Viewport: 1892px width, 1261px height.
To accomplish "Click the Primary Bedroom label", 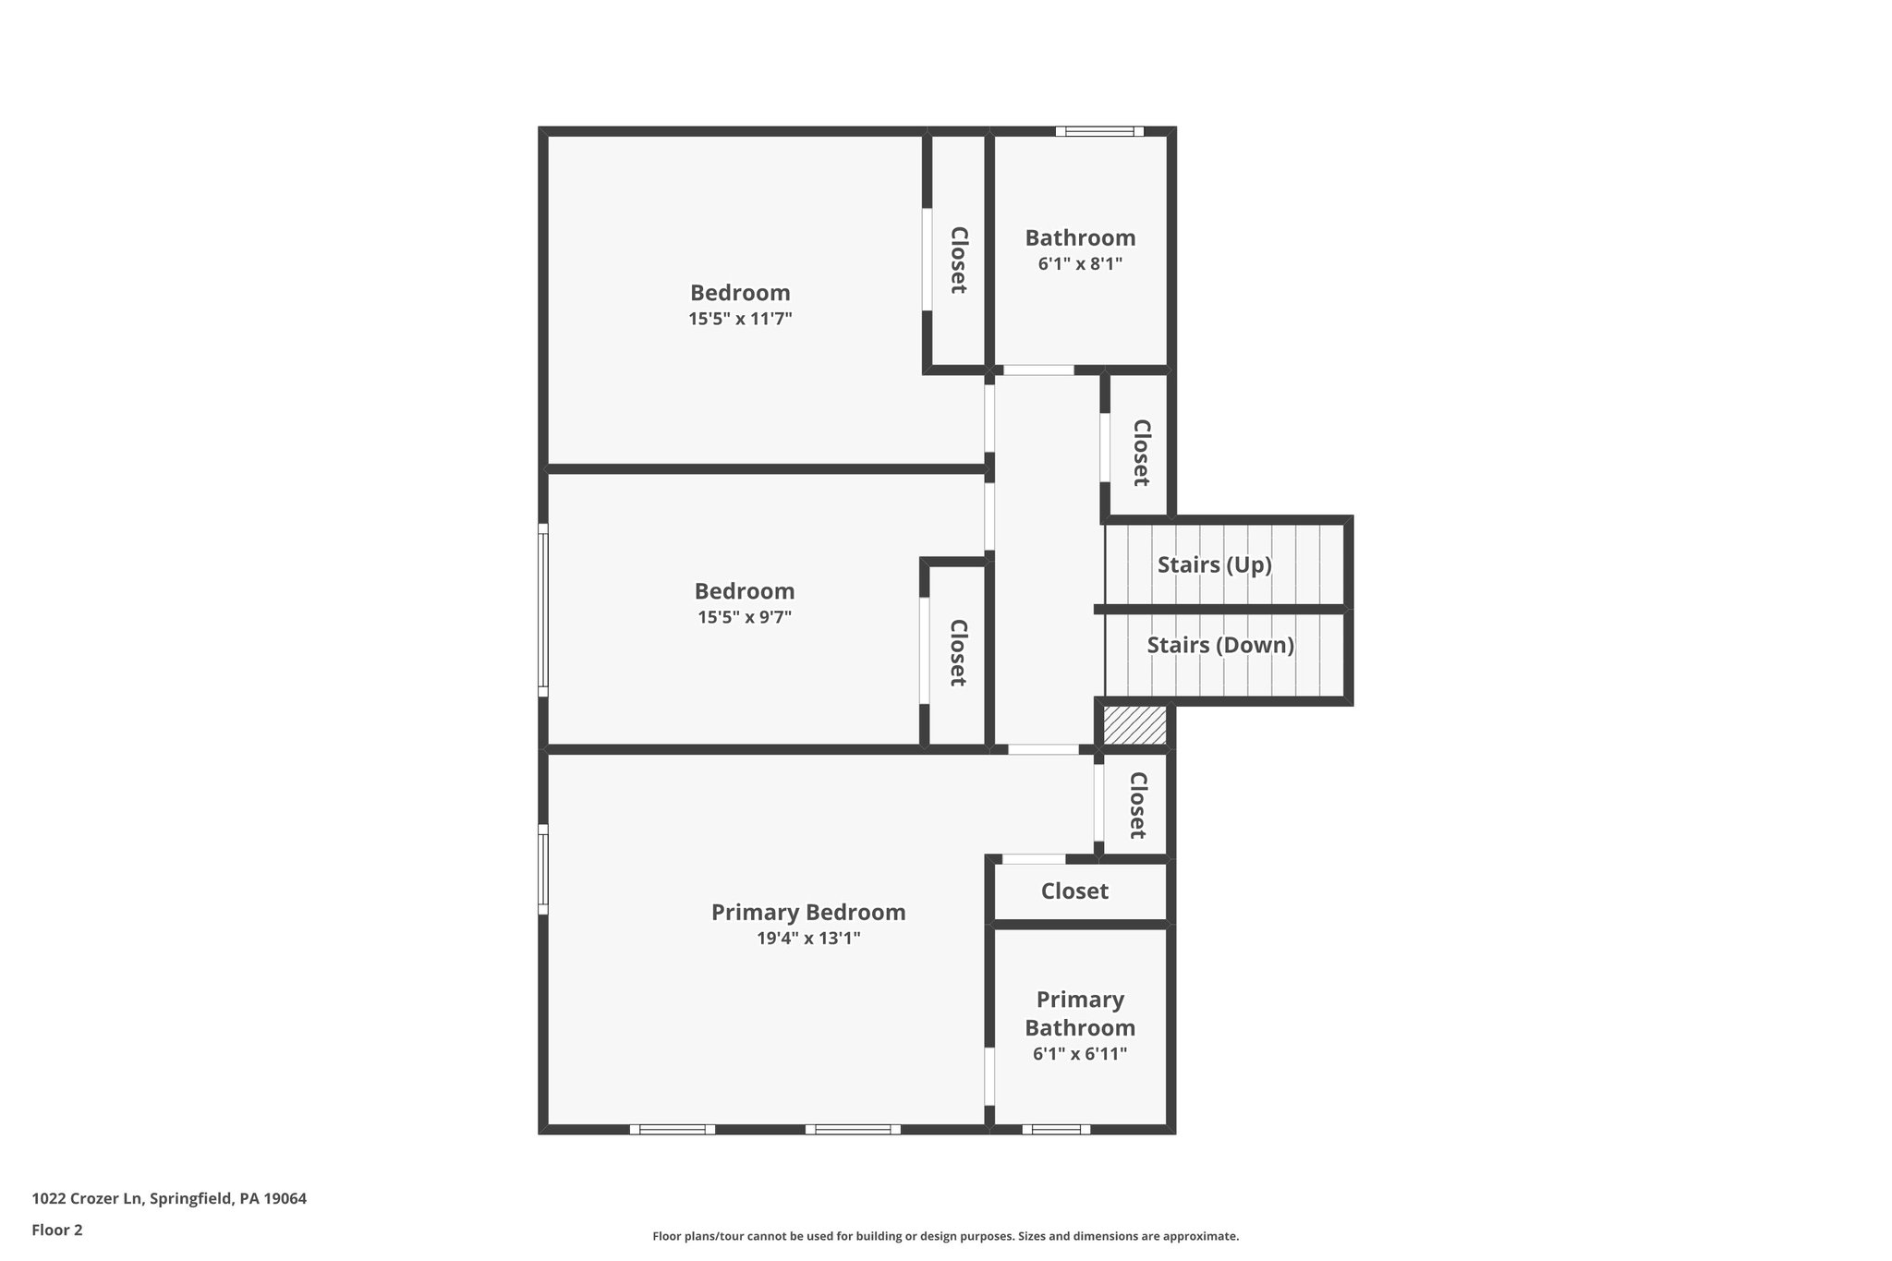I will pos(807,913).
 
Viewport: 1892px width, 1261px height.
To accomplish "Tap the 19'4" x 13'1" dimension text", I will pos(807,939).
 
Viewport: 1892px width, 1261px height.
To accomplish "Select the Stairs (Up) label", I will pos(1214,564).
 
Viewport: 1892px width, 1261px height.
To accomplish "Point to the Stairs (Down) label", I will pos(1219,645).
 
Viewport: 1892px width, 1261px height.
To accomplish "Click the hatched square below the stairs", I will pos(1134,726).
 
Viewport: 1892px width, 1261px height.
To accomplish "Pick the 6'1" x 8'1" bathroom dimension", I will pos(1080,264).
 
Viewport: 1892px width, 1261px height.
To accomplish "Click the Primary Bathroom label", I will pos(1080,1013).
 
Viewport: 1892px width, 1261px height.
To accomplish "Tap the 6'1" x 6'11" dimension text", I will pos(1080,1054).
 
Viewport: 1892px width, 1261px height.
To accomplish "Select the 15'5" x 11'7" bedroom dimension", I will pos(740,319).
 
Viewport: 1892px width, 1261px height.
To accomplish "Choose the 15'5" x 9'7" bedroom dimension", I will pos(744,617).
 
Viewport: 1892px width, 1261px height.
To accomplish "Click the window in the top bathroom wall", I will pos(1099,131).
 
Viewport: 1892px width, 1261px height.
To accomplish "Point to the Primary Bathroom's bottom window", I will pos(1055,1129).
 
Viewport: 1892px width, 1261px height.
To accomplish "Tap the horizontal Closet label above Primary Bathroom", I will pos(1074,891).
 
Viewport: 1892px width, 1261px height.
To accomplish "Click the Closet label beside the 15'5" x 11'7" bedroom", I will pos(958,261).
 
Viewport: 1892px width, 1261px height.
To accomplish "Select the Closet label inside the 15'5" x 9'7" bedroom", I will pos(958,652).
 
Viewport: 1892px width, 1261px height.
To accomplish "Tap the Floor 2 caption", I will pos(57,1230).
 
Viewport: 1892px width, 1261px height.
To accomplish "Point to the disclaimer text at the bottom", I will pos(945,1236).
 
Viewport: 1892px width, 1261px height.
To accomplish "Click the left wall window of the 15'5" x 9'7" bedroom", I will pos(543,610).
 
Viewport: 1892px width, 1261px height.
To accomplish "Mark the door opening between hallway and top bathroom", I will pos(1038,370).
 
